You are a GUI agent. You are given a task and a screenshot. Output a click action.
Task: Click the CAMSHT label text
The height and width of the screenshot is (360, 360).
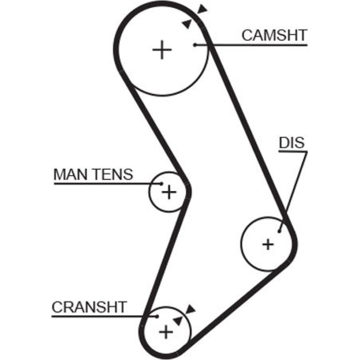(x=274, y=36)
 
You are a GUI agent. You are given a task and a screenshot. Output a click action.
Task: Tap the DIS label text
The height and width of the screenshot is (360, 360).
(x=292, y=143)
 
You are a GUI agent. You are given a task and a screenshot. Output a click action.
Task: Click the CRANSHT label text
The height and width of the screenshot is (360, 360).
(x=89, y=307)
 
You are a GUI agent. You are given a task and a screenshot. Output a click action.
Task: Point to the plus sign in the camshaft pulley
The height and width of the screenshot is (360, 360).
(x=162, y=50)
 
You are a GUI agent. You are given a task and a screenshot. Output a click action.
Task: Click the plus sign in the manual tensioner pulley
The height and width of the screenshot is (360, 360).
(x=168, y=193)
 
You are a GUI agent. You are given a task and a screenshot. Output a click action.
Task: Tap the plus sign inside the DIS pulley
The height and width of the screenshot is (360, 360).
(x=268, y=245)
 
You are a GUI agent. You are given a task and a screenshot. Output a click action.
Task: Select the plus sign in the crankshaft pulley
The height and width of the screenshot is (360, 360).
(x=166, y=331)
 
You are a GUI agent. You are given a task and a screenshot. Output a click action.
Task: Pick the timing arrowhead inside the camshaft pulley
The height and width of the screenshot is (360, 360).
(x=187, y=23)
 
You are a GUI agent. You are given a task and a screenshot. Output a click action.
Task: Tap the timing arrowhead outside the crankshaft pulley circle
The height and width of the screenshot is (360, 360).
(x=190, y=309)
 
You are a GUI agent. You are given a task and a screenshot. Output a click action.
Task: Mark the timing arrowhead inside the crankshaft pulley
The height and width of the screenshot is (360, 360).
(x=177, y=320)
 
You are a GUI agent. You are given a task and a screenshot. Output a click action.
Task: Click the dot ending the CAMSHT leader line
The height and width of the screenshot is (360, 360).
(x=194, y=45)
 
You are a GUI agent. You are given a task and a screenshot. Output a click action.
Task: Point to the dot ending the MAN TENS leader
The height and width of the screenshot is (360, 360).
(x=161, y=184)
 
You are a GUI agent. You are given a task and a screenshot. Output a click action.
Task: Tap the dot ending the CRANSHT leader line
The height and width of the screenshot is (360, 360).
(x=157, y=316)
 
